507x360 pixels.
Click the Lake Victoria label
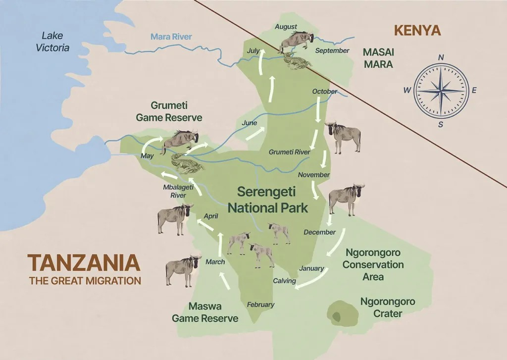pos(55,42)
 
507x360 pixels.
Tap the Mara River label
pos(171,37)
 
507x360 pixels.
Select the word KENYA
pos(417,30)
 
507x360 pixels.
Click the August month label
pos(285,27)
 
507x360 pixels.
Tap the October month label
pos(325,92)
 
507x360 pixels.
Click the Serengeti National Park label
pos(268,200)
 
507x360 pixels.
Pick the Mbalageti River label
pos(175,191)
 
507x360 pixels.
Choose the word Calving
pos(285,281)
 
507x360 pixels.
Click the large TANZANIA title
pos(84,263)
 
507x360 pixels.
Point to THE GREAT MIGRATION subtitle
pos(85,281)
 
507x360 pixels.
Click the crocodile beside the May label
pos(184,163)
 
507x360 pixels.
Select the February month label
pos(260,305)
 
